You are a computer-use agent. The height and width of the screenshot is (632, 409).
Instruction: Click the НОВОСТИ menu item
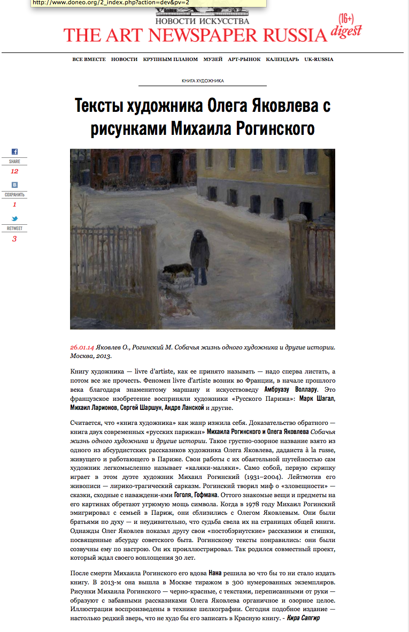point(124,59)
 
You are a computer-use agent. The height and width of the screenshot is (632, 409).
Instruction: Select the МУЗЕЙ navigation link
point(213,59)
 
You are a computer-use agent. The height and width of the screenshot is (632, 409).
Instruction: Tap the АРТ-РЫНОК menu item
point(244,59)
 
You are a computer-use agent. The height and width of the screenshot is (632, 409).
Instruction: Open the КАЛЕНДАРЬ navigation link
point(282,59)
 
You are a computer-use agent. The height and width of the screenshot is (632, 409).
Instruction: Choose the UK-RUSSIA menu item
point(319,59)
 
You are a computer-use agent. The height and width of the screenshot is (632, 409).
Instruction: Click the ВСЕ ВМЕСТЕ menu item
point(89,59)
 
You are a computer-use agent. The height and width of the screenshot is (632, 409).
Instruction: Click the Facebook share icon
point(14,152)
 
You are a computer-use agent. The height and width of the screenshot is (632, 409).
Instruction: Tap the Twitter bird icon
point(14,219)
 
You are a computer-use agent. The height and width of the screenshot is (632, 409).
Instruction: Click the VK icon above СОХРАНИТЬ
point(14,185)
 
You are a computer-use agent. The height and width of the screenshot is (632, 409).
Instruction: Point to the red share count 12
point(14,171)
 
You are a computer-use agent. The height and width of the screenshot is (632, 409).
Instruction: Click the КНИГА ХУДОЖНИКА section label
point(203,81)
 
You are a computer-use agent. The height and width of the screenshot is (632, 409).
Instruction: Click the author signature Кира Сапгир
point(303,618)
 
